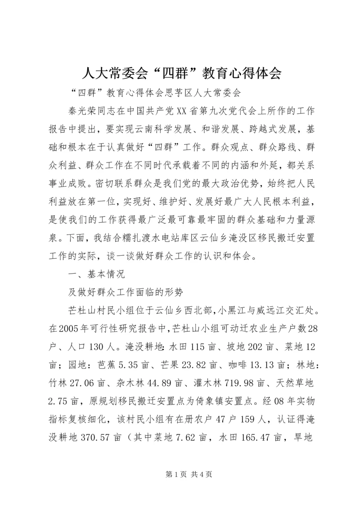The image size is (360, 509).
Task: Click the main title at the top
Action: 180,72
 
